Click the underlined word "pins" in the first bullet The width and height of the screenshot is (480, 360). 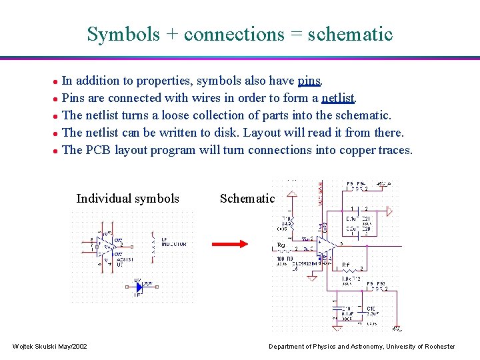(310, 81)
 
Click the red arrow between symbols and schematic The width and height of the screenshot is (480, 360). (229, 244)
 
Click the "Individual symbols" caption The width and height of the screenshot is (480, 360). (127, 199)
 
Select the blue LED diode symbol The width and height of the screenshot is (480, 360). (140, 287)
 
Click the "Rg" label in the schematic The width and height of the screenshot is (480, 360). (281, 245)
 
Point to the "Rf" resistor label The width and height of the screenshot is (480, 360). (346, 265)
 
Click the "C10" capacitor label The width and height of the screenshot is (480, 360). (371, 309)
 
